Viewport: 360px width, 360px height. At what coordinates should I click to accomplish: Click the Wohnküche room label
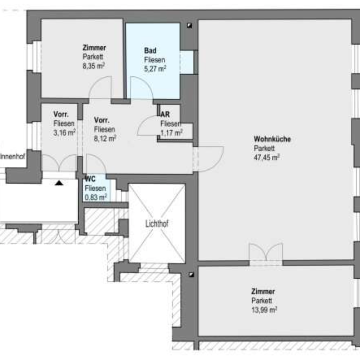click(272, 139)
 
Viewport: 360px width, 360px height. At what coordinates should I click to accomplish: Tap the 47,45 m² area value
click(266, 158)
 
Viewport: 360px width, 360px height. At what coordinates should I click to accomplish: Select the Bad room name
click(150, 50)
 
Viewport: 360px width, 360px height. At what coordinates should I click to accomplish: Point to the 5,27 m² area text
click(155, 69)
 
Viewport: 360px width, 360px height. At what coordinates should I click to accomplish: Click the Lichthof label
click(157, 224)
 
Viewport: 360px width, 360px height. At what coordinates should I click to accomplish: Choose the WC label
click(90, 179)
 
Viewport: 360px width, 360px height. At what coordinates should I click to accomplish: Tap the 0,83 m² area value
click(96, 197)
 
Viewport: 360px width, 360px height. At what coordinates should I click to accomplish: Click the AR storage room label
click(165, 114)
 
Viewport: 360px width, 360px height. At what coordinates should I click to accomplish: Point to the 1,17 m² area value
click(171, 133)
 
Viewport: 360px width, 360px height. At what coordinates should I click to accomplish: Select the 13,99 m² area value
click(264, 310)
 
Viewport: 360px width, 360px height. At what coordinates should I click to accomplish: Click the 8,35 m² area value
click(94, 66)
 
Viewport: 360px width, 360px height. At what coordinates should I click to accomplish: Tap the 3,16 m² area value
click(64, 133)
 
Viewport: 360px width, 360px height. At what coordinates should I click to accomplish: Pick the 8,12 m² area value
click(105, 139)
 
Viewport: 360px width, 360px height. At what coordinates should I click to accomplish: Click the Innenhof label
click(13, 157)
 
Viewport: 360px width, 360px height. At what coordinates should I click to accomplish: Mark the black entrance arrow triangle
click(59, 183)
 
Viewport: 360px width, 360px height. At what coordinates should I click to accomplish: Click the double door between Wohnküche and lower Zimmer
click(266, 254)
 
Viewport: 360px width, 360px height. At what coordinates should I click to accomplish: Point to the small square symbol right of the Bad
click(189, 26)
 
